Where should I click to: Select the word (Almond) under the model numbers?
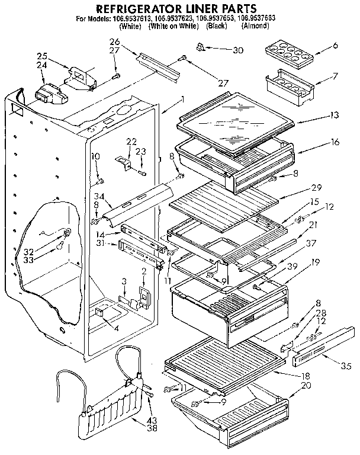pos(255,27)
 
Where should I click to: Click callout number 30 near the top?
pos(238,50)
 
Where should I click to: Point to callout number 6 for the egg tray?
pos(336,46)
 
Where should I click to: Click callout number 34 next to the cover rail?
pos(99,196)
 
